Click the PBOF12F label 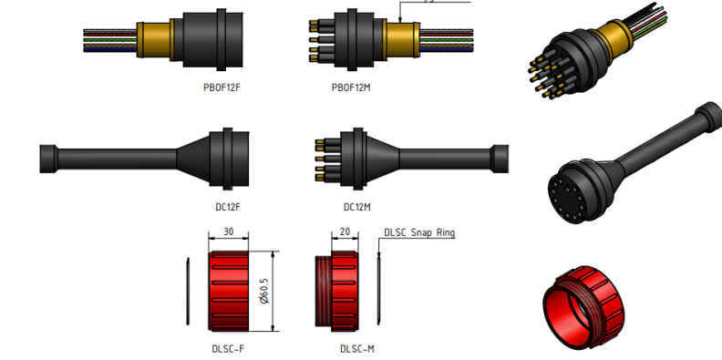click(222, 87)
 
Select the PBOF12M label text click(351, 87)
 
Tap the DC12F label click(228, 207)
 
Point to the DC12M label click(357, 207)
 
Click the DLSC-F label click(228, 349)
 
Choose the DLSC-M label click(357, 349)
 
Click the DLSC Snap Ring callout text click(419, 232)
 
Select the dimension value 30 click(229, 231)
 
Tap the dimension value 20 click(345, 231)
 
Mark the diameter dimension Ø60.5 click(264, 291)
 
